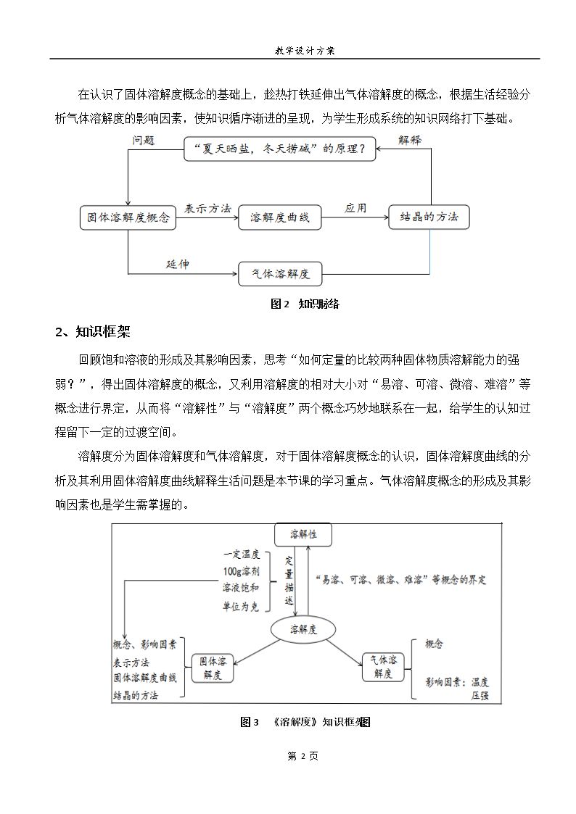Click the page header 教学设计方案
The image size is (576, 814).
pos(305,51)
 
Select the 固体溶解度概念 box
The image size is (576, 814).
pos(128,217)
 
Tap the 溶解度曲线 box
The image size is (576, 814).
pos(279,217)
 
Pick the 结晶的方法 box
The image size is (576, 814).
pos(429,217)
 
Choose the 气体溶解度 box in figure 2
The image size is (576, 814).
pos(280,274)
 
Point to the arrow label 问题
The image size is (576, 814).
pos(143,140)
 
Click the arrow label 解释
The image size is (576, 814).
pos(410,139)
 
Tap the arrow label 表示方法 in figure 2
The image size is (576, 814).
pos(207,208)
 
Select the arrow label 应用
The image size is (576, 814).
pos(355,208)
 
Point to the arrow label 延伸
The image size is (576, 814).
pos(178,265)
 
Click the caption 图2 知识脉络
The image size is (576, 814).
pos(305,304)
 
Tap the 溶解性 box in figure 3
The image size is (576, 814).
pos(303,534)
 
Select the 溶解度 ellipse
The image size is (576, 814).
pos(303,629)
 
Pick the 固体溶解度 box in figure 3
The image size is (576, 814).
pos(213,667)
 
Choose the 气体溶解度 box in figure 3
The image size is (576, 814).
pos(382,667)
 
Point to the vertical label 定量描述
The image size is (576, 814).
pos(289,581)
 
